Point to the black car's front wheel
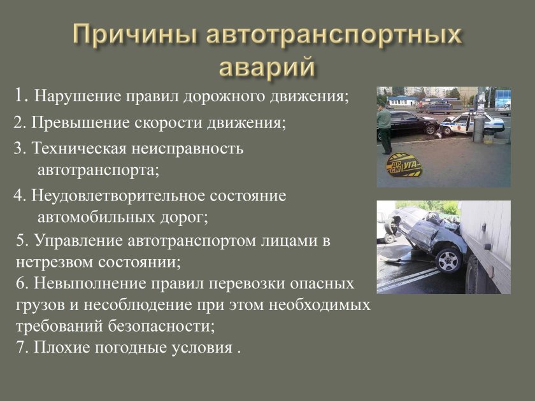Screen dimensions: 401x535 pos(431,129)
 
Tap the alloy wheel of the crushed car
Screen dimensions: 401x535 pos(448,260)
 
